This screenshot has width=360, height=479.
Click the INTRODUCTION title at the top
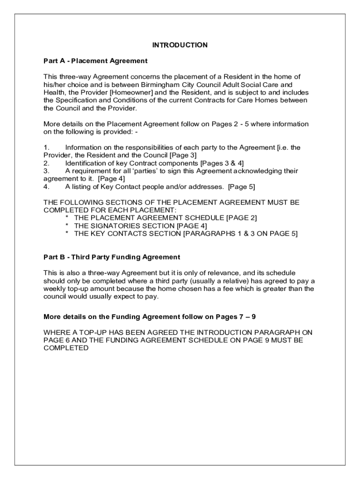[180, 45]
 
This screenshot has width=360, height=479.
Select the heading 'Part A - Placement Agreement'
[95, 61]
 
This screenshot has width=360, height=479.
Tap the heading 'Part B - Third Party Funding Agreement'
[112, 257]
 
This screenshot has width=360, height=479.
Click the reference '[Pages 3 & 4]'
[222, 163]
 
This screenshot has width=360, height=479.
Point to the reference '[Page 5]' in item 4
[241, 187]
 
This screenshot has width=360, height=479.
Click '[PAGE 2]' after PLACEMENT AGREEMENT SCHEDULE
[241, 218]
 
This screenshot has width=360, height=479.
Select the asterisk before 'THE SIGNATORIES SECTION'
[67, 226]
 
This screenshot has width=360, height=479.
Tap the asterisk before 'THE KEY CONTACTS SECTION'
[67, 233]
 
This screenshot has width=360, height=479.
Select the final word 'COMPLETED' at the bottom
[66, 348]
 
